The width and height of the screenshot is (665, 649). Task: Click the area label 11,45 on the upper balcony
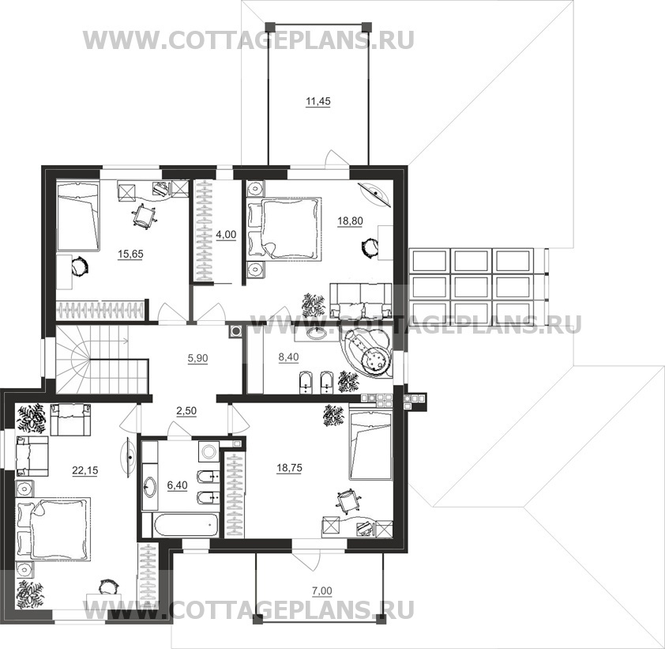(318, 100)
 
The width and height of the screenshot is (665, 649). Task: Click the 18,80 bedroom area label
(351, 222)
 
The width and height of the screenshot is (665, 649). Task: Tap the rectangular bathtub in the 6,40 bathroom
(179, 522)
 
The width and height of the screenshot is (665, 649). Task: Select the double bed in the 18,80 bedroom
(286, 228)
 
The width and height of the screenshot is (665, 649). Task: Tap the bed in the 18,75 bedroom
(370, 446)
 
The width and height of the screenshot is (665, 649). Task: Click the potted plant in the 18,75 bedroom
(332, 414)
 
